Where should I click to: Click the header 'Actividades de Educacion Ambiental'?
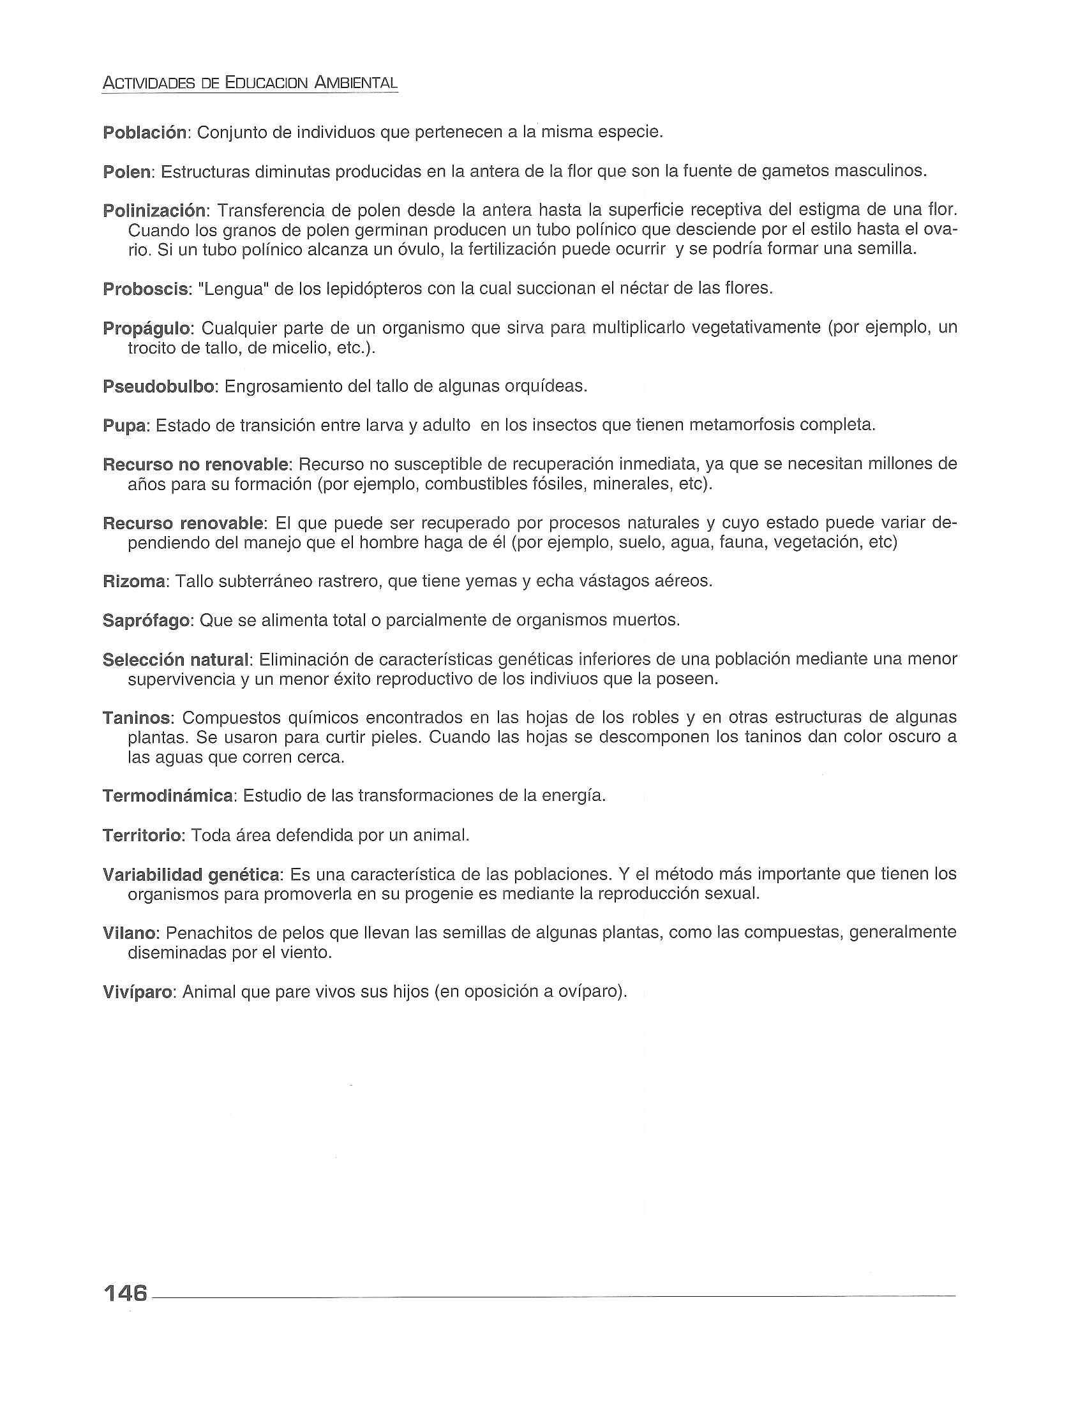click(x=250, y=83)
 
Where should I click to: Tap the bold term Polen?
click(x=127, y=172)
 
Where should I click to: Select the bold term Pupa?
click(x=125, y=426)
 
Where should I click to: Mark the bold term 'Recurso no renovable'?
click(x=197, y=464)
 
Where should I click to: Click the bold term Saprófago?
click(x=147, y=621)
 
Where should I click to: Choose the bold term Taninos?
click(x=137, y=717)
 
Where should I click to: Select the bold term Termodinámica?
click(x=168, y=796)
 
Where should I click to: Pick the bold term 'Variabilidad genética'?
click(x=191, y=874)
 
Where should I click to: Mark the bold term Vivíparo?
click(x=138, y=991)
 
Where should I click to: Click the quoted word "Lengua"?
click(x=234, y=288)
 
